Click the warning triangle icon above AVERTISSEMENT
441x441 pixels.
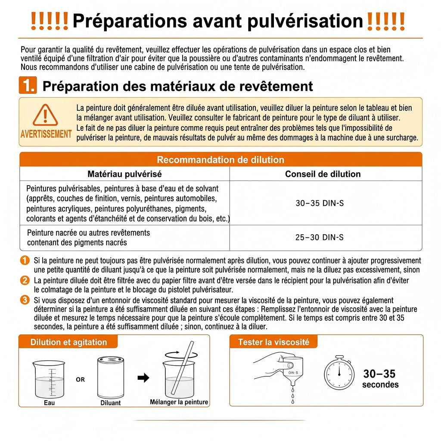pyautogui.click(x=45, y=115)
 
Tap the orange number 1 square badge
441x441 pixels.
pyautogui.click(x=28, y=85)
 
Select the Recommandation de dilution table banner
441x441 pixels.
pyautogui.click(x=221, y=159)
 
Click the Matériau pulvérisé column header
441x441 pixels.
pyautogui.click(x=124, y=174)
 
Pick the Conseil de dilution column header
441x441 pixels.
pyautogui.click(x=323, y=174)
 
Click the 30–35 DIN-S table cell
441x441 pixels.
pyautogui.click(x=320, y=203)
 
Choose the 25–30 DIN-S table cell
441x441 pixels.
pyautogui.click(x=320, y=237)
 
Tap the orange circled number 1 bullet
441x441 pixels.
pyautogui.click(x=25, y=260)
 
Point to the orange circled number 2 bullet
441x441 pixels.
pyautogui.click(x=25, y=280)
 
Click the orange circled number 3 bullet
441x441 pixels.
pyautogui.click(x=25, y=300)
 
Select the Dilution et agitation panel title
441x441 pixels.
pyautogui.click(x=68, y=342)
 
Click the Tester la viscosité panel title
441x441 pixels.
pyautogui.click(x=273, y=342)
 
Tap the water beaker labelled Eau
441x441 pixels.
pyautogui.click(x=49, y=379)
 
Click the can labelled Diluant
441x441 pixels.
pyautogui.click(x=111, y=377)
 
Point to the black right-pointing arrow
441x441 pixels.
pyautogui.click(x=143, y=378)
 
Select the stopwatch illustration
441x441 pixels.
pyautogui.click(x=339, y=373)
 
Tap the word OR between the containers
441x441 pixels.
pyautogui.click(x=80, y=379)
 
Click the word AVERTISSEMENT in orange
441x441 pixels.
pyautogui.click(x=46, y=134)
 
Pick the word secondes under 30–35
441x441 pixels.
pyautogui.click(x=380, y=385)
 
